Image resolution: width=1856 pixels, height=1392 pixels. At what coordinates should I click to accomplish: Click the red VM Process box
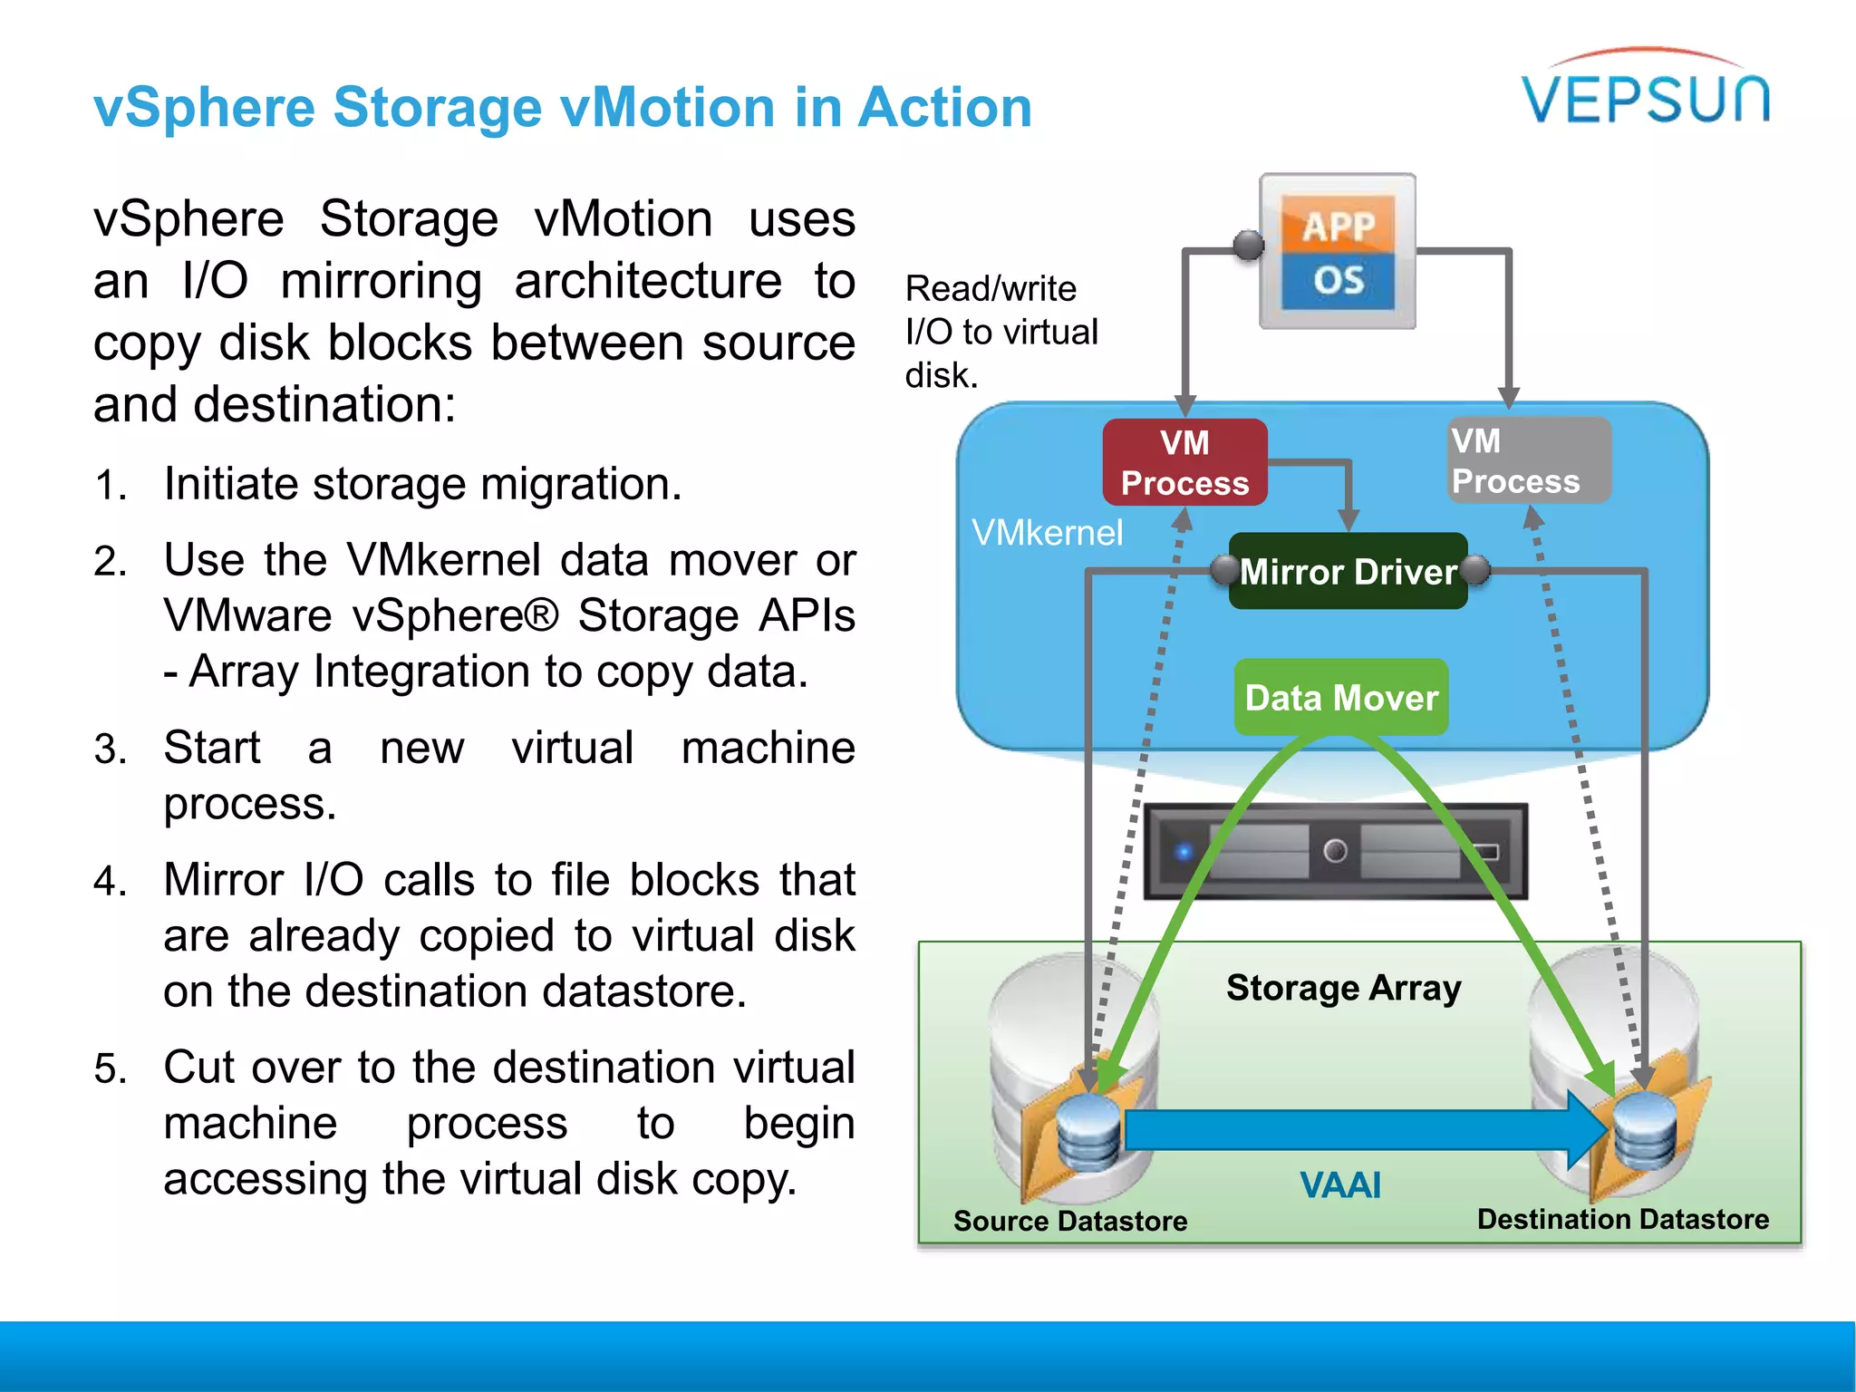point(1184,462)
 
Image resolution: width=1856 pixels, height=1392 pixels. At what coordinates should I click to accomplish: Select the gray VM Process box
point(1528,460)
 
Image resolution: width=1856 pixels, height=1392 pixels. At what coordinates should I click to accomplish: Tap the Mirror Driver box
point(1348,572)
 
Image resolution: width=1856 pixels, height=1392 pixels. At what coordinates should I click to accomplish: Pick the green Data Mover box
point(1341,698)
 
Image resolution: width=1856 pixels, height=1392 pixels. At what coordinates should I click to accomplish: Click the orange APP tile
point(1338,226)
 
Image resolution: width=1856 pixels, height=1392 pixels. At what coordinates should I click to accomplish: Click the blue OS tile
point(1338,280)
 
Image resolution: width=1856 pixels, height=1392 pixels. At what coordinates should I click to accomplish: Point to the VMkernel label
point(1047,533)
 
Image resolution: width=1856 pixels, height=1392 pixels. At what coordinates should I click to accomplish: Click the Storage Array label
point(1343,988)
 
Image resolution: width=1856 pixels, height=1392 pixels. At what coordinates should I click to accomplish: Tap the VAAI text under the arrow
point(1339,1185)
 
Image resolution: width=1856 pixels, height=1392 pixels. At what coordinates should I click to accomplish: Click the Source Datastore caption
point(1069,1221)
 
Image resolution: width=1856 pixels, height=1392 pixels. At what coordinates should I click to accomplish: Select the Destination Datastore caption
point(1622,1219)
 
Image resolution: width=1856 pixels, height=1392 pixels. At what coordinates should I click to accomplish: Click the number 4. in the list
point(110,882)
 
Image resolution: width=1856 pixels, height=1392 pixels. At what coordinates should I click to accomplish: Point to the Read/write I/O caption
point(1000,332)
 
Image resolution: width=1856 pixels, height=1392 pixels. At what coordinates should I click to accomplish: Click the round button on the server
point(1335,851)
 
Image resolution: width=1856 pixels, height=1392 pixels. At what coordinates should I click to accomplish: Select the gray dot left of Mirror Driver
point(1225,570)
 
